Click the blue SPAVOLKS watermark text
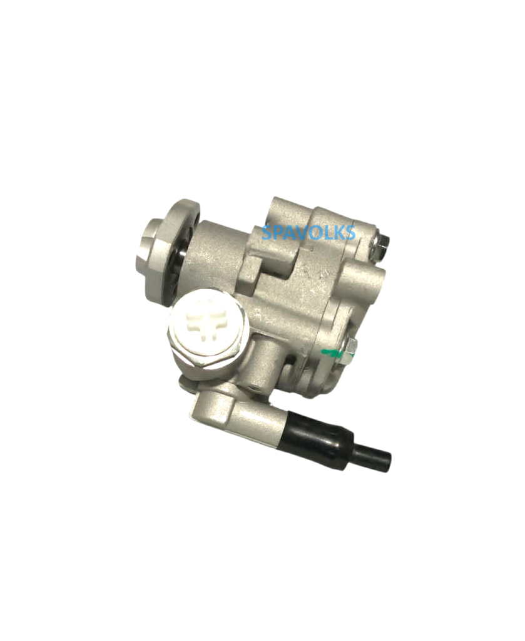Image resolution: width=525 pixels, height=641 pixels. click(x=308, y=233)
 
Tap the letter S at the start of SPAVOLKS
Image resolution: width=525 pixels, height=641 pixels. click(x=267, y=233)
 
